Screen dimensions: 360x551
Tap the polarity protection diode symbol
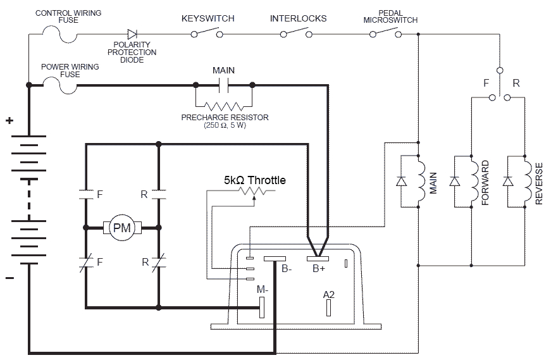coord(132,34)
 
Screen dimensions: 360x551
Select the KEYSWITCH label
coord(207,18)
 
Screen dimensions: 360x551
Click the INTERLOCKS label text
coord(298,18)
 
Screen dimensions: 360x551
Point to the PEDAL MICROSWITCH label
coord(390,16)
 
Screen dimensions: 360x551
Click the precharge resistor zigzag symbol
coord(224,105)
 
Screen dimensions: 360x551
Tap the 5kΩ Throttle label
coord(254,180)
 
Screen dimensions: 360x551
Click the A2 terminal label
coord(328,294)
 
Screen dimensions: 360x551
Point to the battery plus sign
coord(9,121)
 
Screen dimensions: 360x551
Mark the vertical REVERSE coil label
coord(539,183)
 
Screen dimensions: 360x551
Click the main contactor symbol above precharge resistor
coord(224,84)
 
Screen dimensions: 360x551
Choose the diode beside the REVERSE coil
coord(507,181)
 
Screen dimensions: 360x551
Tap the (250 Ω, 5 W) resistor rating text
coord(225,126)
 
